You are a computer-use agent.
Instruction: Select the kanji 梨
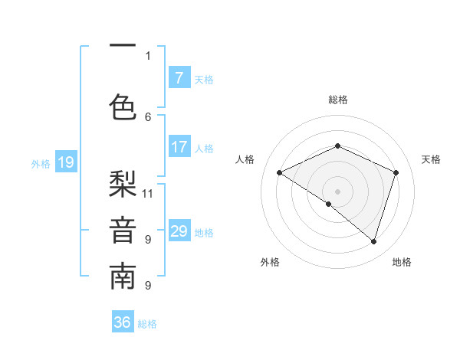123,183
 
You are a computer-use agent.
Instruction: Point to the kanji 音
123,231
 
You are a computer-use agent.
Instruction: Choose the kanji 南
123,277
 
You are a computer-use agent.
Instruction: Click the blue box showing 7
179,78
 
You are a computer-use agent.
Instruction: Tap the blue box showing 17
179,147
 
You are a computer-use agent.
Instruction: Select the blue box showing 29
179,231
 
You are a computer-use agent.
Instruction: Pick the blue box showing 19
65,162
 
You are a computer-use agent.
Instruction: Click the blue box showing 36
123,322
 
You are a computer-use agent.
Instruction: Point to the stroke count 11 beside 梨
148,193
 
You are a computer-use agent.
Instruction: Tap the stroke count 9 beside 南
148,286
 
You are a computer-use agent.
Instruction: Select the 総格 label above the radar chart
337,100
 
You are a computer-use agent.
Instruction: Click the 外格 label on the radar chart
270,262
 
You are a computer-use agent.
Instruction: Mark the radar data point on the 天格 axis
396,172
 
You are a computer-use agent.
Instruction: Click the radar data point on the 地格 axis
373,241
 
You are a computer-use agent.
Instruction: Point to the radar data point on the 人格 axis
280,172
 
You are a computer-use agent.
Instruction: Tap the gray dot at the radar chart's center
337,191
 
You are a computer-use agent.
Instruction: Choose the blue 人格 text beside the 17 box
204,148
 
